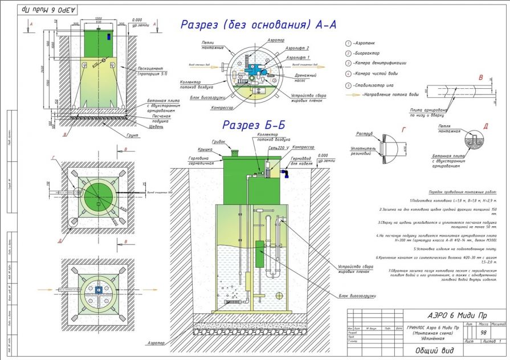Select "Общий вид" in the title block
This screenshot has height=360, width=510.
(430, 351)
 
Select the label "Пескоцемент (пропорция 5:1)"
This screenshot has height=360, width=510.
(150, 71)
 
